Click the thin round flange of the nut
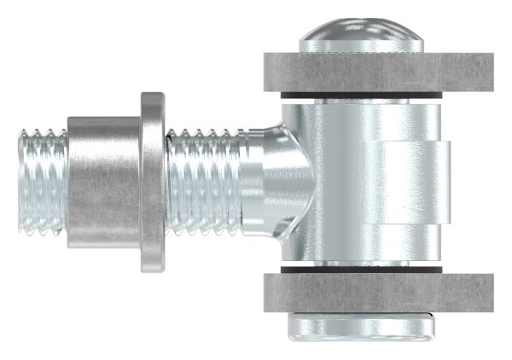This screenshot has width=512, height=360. click(152, 181)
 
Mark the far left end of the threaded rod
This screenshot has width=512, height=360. click(20, 181)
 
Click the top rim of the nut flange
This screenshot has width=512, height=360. click(152, 96)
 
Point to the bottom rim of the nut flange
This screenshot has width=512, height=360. click(152, 266)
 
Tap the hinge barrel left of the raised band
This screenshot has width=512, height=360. click(337, 183)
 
